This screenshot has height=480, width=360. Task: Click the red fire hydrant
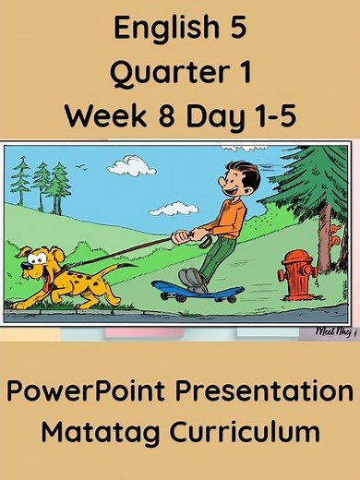[x=297, y=273]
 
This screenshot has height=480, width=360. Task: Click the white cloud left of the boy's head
[x=131, y=166]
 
